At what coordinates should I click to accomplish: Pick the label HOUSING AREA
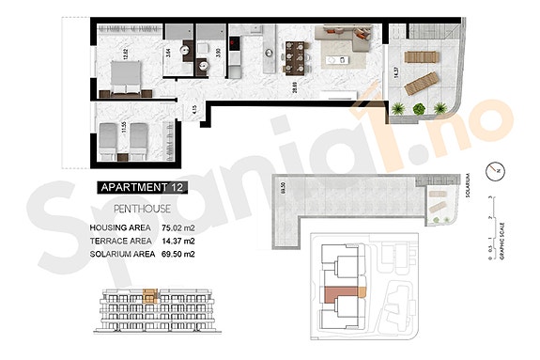point(121,227)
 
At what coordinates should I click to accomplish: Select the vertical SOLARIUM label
point(467,182)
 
